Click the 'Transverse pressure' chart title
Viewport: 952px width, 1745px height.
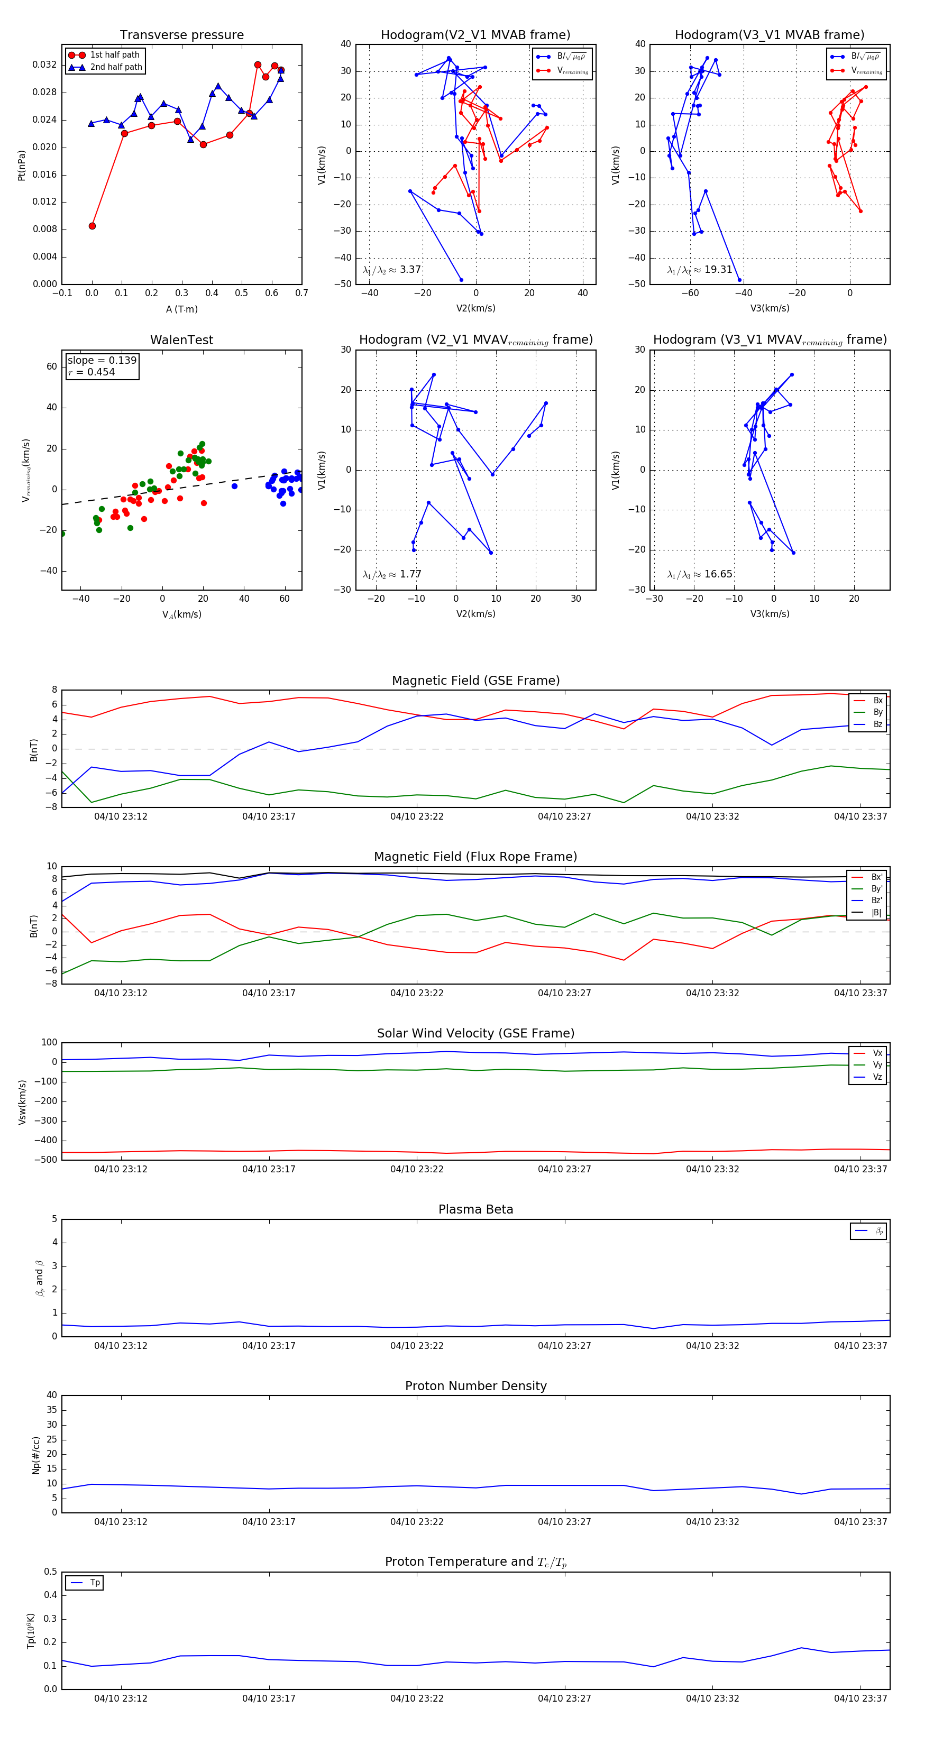[181, 35]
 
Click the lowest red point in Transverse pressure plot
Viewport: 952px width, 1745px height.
[92, 226]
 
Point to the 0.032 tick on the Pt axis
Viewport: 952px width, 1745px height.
[45, 65]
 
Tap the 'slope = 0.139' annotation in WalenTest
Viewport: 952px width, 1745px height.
[102, 361]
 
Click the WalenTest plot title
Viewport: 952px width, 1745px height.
[181, 340]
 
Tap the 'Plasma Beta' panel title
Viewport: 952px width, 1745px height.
[475, 1209]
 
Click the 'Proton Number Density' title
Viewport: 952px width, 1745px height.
[475, 1386]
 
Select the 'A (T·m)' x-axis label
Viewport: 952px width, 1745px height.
[181, 309]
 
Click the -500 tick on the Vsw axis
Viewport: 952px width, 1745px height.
[48, 1160]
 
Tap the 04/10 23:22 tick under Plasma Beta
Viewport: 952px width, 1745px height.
[417, 1345]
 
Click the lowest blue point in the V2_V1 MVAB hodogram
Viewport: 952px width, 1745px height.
[461, 280]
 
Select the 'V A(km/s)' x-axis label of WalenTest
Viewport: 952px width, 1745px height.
[181, 614]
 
